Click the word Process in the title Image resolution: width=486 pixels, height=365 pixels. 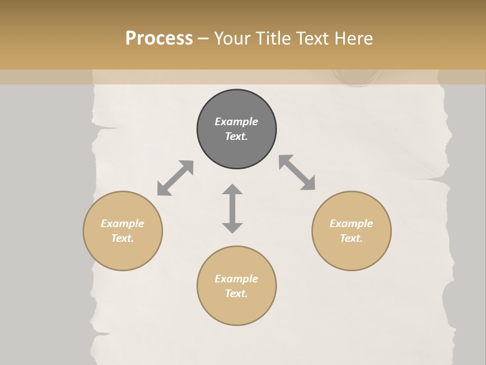[x=159, y=39]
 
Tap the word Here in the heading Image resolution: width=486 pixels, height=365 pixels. [x=353, y=39]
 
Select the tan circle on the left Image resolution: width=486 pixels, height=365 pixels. [x=123, y=253]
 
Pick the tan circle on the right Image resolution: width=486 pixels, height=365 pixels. [x=351, y=253]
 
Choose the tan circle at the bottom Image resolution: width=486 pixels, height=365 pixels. [x=236, y=309]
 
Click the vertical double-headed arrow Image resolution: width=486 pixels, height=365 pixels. [x=232, y=208]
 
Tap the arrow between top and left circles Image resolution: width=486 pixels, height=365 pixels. [x=175, y=178]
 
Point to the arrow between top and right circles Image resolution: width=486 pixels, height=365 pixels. [x=297, y=172]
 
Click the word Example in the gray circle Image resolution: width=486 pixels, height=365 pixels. [x=236, y=122]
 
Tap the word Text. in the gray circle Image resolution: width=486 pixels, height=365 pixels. [x=236, y=136]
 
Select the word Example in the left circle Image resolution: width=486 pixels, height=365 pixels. [x=123, y=224]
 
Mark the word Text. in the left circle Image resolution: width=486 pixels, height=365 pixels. [x=123, y=238]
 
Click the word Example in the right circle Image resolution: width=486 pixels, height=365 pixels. [x=351, y=224]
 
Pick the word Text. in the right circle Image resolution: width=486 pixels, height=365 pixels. [x=351, y=238]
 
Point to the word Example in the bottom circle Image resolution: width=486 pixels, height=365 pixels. [x=236, y=279]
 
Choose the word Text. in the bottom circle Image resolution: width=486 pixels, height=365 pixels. [x=236, y=294]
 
